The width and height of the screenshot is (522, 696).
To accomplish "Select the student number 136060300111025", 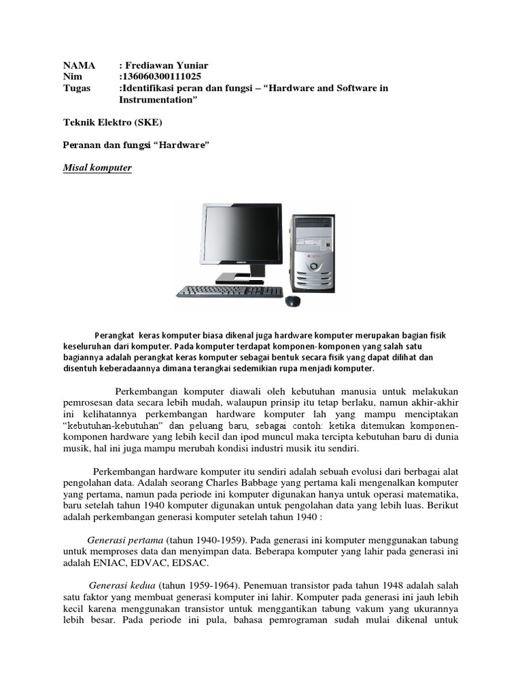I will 160,76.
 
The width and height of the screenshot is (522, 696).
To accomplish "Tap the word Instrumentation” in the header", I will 158,100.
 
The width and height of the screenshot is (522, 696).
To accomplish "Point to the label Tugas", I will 77,88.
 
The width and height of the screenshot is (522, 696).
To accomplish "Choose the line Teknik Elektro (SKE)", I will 112,122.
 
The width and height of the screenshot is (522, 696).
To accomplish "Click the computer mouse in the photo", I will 294,300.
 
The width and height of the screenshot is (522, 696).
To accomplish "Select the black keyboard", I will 230,291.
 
